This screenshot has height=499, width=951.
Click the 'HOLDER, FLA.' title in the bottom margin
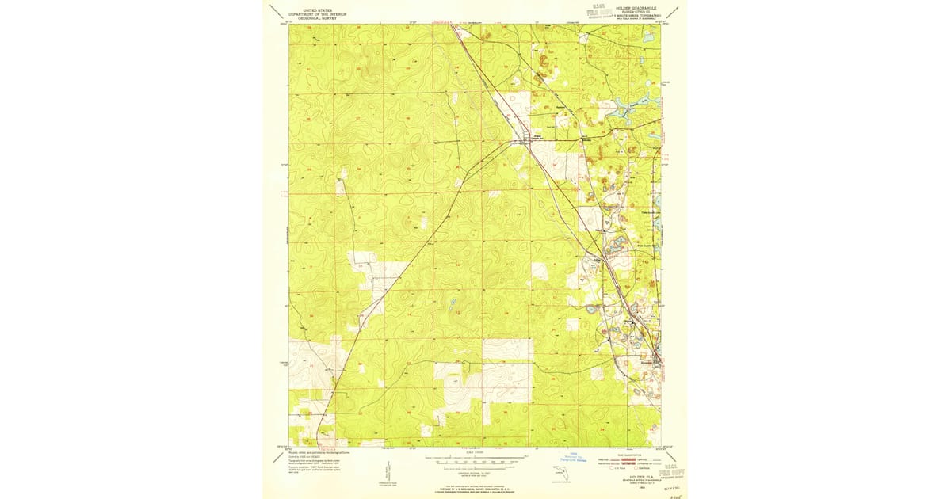coord(632,468)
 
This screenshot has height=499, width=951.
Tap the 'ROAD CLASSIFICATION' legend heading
coord(630,455)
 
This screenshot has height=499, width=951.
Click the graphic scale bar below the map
coord(475,459)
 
